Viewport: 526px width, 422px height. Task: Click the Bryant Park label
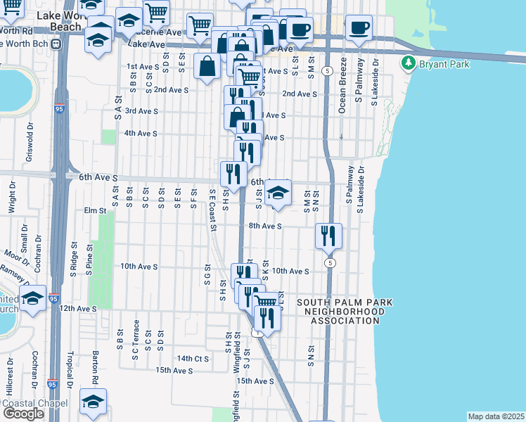[x=440, y=64]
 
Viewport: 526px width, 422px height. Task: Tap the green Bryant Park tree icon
[x=408, y=64]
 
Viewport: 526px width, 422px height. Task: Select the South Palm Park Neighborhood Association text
[x=344, y=312]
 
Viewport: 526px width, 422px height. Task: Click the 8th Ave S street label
[x=264, y=226]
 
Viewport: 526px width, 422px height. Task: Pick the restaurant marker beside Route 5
[x=328, y=236]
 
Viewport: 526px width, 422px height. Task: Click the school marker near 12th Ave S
[x=32, y=298]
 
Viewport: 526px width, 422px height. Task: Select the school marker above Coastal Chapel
[x=93, y=400]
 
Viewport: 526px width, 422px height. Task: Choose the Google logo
[x=23, y=414]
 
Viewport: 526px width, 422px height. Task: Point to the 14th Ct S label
[x=193, y=358]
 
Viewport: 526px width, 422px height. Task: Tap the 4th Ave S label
[x=140, y=133]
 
